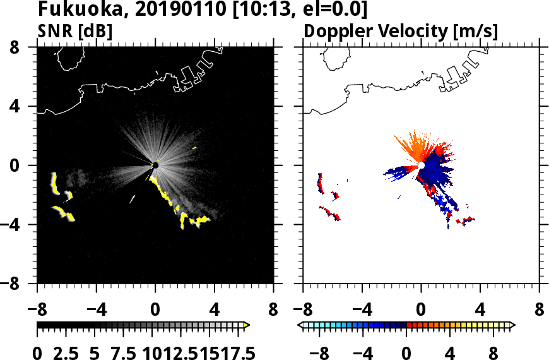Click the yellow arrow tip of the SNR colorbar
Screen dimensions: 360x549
point(247,325)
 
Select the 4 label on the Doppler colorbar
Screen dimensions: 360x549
point(450,352)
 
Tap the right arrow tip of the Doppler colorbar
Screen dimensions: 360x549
point(512,325)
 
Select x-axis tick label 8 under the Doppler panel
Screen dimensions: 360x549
point(540,311)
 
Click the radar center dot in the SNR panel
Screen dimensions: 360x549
point(155,165)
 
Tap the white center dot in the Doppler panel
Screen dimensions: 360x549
point(421,165)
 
